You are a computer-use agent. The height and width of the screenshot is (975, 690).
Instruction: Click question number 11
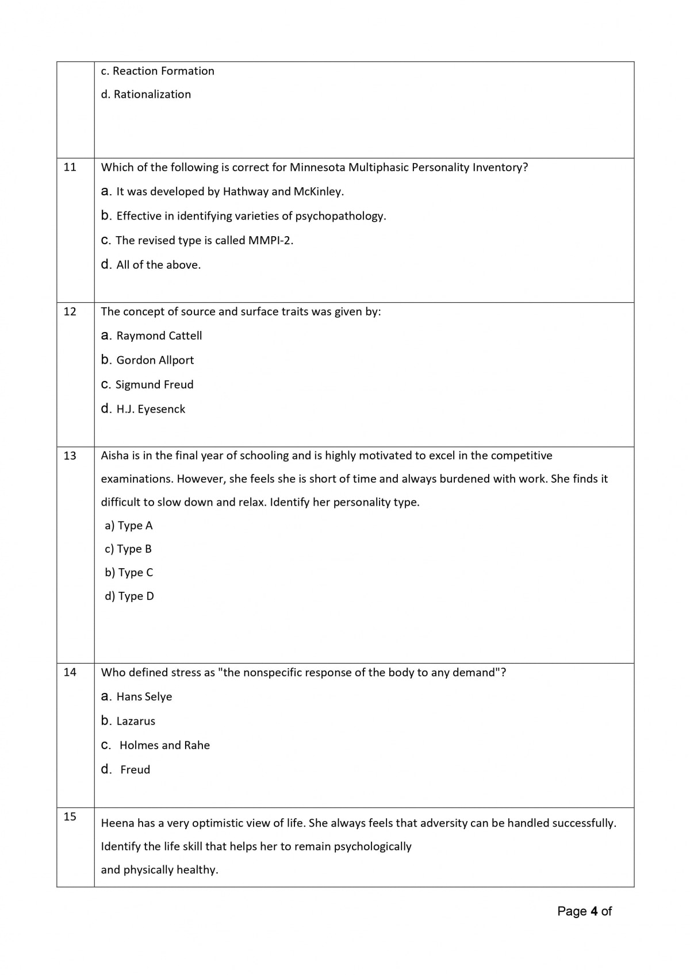[x=70, y=167]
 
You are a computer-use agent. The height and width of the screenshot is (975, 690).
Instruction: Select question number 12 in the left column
[x=70, y=311]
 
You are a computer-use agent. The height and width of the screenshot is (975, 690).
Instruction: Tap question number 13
[x=70, y=456]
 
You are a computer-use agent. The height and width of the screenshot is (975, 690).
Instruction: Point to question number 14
[x=70, y=672]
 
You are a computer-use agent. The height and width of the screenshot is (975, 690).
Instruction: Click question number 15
[x=70, y=816]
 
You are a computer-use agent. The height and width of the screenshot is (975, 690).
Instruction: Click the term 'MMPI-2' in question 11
[x=270, y=241]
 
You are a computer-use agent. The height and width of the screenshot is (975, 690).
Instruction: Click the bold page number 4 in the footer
[x=594, y=911]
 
